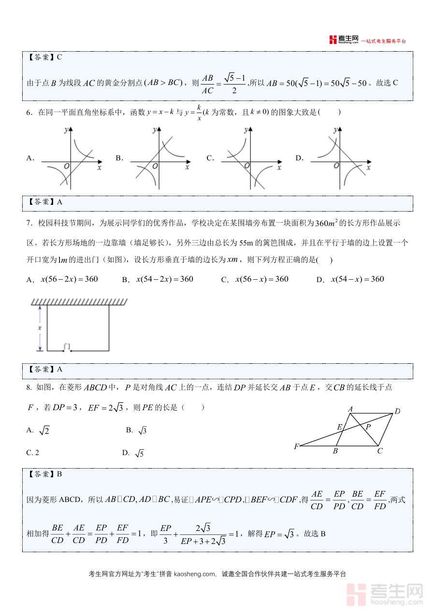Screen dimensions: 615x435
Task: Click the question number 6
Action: (x=29, y=113)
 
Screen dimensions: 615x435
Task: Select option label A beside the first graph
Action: (x=29, y=158)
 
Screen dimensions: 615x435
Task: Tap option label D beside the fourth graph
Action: (x=299, y=158)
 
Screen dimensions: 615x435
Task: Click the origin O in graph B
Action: (x=155, y=166)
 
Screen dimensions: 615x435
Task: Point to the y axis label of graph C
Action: (x=246, y=130)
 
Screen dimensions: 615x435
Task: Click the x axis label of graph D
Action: (x=368, y=167)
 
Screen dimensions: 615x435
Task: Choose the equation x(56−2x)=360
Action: (x=70, y=279)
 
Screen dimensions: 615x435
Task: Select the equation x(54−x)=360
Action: (x=357, y=279)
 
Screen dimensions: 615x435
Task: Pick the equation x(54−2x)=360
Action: (x=165, y=279)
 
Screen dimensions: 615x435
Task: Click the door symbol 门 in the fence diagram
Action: (x=67, y=346)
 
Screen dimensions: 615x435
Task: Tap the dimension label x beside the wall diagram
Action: (x=40, y=328)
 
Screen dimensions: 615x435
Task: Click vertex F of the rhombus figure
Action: (x=296, y=447)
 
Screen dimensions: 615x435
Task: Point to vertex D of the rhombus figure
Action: (x=397, y=412)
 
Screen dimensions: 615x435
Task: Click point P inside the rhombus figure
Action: (x=368, y=427)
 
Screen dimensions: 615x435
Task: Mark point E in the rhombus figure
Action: (x=339, y=427)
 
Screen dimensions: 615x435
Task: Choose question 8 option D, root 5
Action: (x=133, y=453)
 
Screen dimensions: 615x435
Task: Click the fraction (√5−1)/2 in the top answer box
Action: (x=234, y=84)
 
